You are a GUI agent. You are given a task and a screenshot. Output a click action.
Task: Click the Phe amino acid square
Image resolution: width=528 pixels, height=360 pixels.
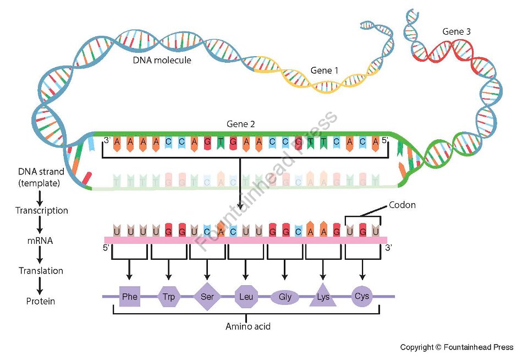(x=130, y=297)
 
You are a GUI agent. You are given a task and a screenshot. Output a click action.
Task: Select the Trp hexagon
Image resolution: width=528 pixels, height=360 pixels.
(x=168, y=297)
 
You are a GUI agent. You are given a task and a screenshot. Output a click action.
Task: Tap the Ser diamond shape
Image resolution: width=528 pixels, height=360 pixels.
(x=207, y=297)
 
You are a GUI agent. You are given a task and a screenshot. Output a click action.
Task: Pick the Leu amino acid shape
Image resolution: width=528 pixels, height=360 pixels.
(x=245, y=297)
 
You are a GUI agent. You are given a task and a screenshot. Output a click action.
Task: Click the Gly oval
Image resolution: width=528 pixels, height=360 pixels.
(x=285, y=297)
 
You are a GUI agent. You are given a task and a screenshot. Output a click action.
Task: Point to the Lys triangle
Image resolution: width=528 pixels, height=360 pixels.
(x=323, y=297)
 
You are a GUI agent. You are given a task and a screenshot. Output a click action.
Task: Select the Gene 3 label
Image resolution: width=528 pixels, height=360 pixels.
(x=457, y=32)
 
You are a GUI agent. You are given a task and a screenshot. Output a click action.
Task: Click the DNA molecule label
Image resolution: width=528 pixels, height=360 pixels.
(x=162, y=60)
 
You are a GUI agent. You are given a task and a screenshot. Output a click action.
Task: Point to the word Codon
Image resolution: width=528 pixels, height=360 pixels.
(x=402, y=205)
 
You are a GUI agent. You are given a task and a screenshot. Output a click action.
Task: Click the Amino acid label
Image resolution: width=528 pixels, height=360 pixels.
(x=248, y=326)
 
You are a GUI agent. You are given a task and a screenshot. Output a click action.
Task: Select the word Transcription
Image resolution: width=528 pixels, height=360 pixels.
(x=42, y=210)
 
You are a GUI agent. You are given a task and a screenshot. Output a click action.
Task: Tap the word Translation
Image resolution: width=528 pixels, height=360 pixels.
(x=41, y=271)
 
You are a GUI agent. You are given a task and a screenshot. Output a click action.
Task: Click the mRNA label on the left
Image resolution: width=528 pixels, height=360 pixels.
(x=40, y=241)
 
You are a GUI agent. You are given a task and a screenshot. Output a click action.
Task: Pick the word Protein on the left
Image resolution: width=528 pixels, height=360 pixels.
(x=41, y=301)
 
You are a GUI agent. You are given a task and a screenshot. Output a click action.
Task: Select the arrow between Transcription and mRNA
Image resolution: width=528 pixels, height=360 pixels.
(x=40, y=225)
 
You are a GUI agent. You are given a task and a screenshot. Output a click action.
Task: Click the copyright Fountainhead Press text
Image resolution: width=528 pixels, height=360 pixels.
(x=457, y=347)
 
